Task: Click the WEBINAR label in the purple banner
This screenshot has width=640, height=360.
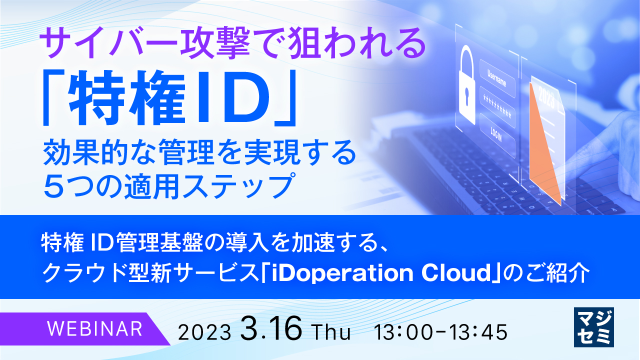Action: [x=94, y=328]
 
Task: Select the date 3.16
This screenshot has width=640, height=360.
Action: [x=271, y=328]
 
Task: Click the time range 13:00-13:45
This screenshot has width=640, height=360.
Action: [x=443, y=330]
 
